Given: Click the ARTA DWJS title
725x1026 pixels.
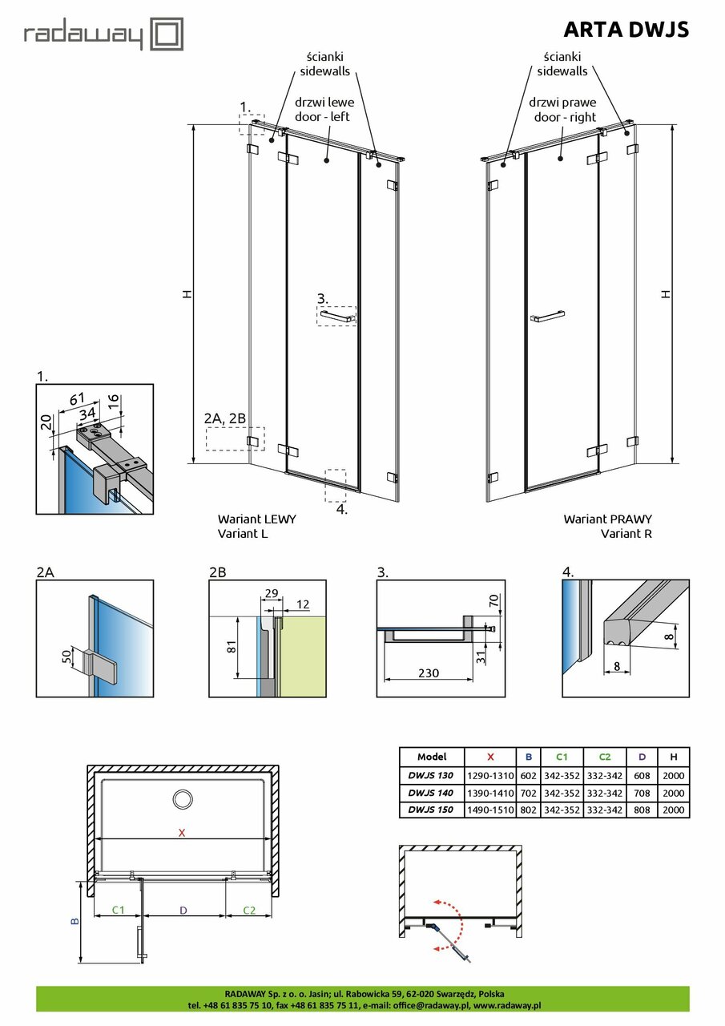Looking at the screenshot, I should [626, 30].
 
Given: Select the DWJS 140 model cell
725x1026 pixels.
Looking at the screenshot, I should [431, 794].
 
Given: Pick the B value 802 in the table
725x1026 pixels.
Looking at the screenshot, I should [529, 810].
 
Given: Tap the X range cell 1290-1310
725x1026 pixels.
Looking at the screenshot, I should [490, 776].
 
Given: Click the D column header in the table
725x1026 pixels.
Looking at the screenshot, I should [642, 757].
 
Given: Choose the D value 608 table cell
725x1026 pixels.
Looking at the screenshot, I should [642, 776].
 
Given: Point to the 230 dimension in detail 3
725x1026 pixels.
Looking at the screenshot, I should [429, 673].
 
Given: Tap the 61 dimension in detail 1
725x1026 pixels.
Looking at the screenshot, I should [78, 398].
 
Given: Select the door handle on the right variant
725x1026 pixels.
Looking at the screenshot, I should [548, 317].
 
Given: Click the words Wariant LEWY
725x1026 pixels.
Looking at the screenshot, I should [256, 519].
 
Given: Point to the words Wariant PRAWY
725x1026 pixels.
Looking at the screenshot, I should [607, 519].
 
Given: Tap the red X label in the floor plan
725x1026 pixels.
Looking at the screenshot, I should [182, 833].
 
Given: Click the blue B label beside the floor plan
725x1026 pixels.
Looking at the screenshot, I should [75, 922].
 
